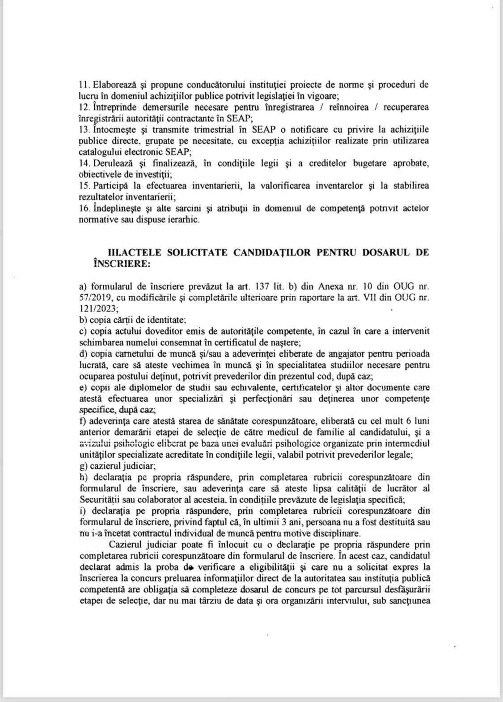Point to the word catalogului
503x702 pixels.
(x=100, y=151)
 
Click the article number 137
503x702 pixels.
(x=262, y=286)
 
